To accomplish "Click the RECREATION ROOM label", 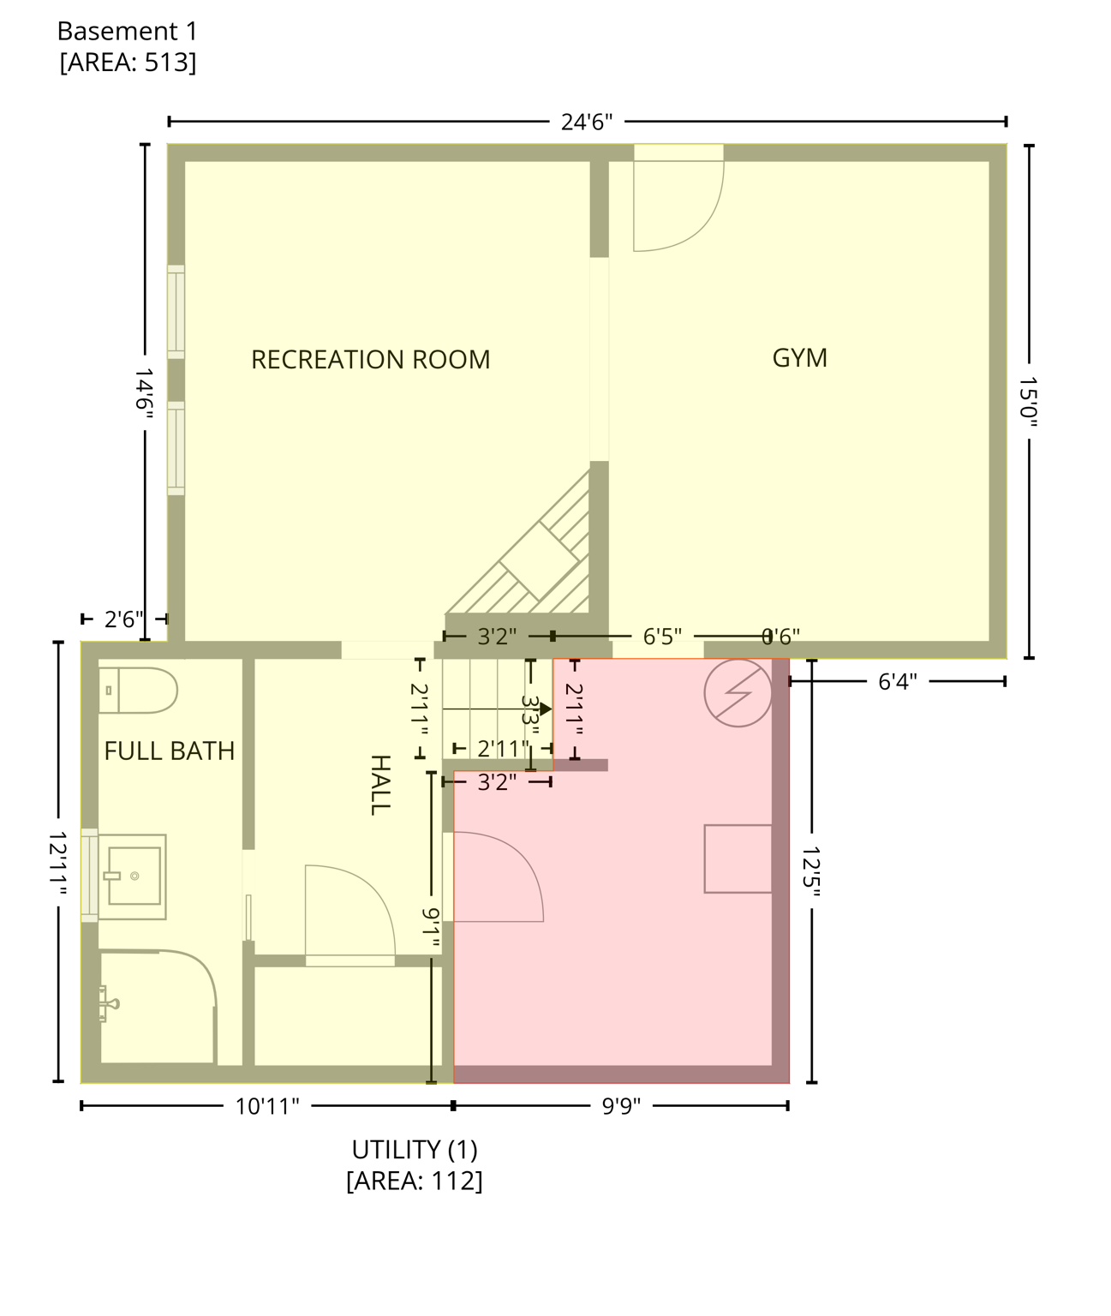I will click(370, 359).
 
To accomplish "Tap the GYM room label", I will click(799, 357).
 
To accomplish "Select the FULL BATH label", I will click(169, 751).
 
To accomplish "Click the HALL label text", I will click(379, 784).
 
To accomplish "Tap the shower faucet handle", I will click(106, 1003).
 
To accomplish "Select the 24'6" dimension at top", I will click(587, 122).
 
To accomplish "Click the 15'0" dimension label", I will click(1028, 401).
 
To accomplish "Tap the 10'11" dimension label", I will click(267, 1106).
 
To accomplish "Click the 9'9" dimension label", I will click(621, 1106).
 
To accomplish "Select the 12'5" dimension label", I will click(811, 870).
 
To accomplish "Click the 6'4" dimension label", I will click(898, 681).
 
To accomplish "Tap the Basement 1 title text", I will click(127, 32).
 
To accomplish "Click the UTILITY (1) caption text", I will click(415, 1149).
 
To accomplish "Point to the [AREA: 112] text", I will click(415, 1181).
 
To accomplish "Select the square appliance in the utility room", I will click(738, 858).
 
